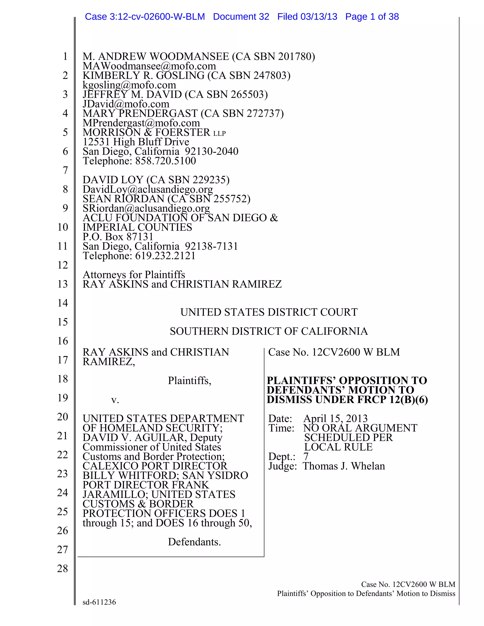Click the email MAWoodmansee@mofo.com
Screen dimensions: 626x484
149,66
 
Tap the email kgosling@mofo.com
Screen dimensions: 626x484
129,85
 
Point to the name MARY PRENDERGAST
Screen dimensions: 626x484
140,113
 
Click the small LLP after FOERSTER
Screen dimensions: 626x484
219,133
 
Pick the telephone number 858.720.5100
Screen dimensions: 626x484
165,161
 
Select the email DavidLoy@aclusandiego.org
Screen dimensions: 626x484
148,189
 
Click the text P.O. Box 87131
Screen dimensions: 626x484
118,237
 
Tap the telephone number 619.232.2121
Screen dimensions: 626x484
165,256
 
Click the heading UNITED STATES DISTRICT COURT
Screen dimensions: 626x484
269,312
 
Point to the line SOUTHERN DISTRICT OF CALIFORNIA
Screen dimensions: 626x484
269,331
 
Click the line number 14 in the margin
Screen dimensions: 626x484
62,303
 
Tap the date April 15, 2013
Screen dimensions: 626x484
335,419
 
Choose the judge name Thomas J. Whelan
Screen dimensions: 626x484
344,466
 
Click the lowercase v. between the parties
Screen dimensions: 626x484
115,400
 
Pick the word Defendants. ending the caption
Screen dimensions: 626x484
194,542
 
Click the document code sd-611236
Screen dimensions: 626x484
99,602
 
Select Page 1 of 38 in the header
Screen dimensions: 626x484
372,17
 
